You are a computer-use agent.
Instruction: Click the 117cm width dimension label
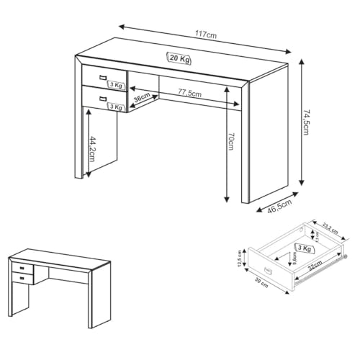tap(206, 35)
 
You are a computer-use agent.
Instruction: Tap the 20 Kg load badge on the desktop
tap(179, 58)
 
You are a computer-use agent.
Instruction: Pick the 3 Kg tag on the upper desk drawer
tap(115, 85)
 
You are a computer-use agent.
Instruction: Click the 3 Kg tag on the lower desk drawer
tap(115, 107)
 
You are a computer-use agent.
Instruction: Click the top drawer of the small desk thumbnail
tap(22, 268)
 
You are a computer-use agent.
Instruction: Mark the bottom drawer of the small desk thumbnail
tap(22, 277)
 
